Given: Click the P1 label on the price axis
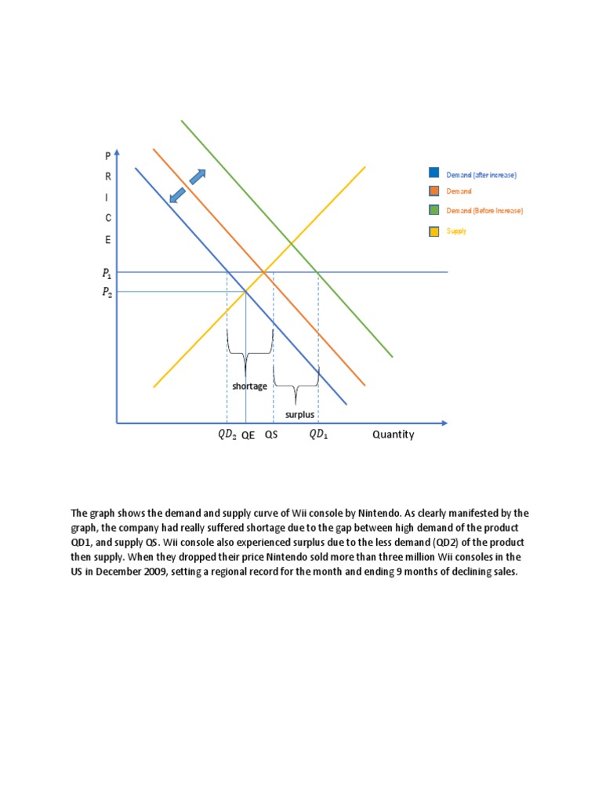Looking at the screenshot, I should point(107,274).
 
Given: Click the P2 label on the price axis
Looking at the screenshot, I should point(107,293).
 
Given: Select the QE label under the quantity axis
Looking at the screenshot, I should point(248,435).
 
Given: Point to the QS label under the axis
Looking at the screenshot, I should point(271,435).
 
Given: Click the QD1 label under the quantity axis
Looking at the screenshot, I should point(319,435).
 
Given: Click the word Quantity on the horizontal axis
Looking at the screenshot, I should point(393,434).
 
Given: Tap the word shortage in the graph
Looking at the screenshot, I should point(249,386).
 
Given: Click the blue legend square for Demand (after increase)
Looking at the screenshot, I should point(433,173).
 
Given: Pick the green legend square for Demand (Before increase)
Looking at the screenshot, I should point(433,210).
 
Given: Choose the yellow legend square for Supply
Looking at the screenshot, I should point(433,231).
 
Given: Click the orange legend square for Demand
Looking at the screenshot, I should point(433,191).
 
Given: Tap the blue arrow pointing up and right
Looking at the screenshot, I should point(198,177).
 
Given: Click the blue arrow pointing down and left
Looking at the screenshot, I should point(178,195).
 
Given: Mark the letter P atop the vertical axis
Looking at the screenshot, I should point(108,157).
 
